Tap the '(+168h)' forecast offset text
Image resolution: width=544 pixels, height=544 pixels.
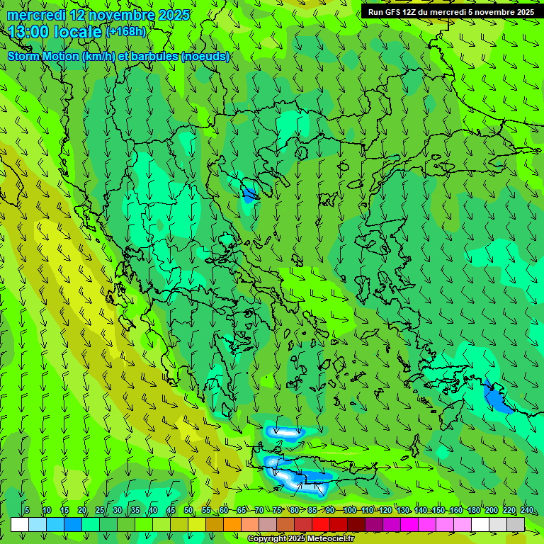click(126, 31)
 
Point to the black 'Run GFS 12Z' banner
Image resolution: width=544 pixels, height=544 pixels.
click(451, 12)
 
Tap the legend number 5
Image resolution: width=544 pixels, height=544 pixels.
click(27, 511)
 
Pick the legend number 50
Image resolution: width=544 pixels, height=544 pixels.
click(188, 511)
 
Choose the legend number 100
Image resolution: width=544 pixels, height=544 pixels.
click(349, 511)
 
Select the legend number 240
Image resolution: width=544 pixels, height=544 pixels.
click(527, 511)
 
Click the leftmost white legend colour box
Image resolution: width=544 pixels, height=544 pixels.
click(20, 524)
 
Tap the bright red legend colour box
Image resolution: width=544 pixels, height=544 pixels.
click(321, 524)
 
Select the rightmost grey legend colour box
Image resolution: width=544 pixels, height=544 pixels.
click(516, 524)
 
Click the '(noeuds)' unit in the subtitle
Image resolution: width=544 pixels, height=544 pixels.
click(205, 57)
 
